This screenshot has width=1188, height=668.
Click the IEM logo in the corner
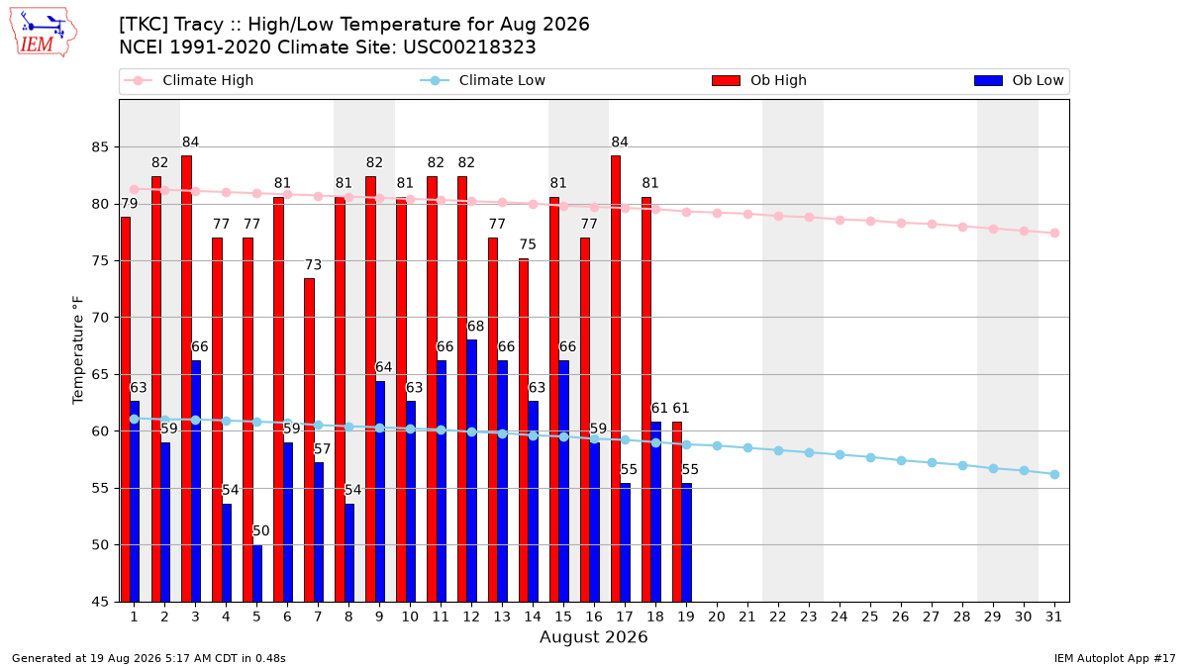[x=44, y=33]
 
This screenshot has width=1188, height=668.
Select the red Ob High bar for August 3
[x=187, y=378]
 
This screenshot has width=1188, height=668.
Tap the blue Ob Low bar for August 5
[x=257, y=573]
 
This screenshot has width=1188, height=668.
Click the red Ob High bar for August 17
[x=616, y=378]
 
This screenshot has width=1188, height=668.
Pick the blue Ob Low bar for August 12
[x=472, y=471]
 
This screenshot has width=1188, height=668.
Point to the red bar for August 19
[x=677, y=512]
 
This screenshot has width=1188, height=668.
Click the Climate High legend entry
[x=188, y=80]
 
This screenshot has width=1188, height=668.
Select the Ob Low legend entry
[x=1019, y=80]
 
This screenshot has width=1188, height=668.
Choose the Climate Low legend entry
[x=483, y=80]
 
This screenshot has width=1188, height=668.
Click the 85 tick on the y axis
[x=100, y=146]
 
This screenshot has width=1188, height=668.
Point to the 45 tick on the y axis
[x=100, y=602]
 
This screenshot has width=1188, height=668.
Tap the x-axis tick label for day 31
[x=1053, y=617]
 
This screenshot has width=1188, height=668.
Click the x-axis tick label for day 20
[x=717, y=617]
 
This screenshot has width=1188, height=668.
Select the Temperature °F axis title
[x=78, y=350]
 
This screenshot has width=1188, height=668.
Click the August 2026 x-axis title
[x=593, y=636]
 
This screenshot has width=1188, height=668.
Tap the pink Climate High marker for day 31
[x=1054, y=234]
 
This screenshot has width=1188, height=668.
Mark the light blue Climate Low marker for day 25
[x=870, y=457]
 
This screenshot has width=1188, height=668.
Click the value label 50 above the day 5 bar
[x=261, y=530]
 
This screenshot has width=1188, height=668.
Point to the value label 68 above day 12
[x=476, y=326]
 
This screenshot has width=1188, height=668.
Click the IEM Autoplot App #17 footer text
[x=1115, y=658]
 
